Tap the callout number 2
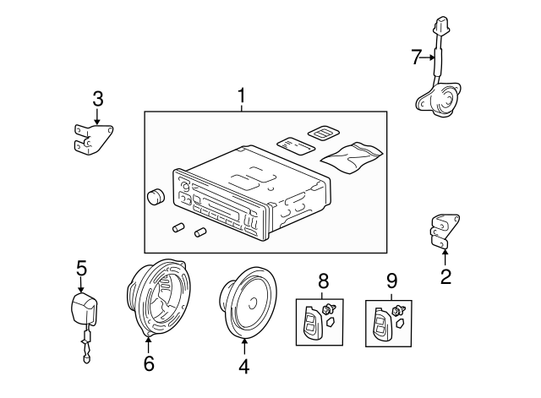coord(445,275)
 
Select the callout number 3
coord(98,99)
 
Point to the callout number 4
coord(244,366)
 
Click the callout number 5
coord(81,268)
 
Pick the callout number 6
coord(149,364)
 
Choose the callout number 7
coord(416,57)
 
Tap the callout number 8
coord(322,280)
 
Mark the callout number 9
coord(391,280)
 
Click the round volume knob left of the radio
coord(155,197)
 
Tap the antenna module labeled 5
coord(82,309)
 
